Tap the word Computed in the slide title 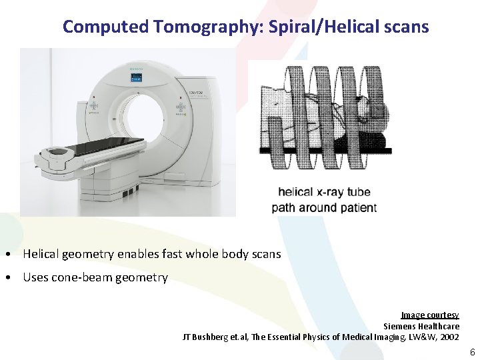pos(105,27)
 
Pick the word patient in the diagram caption pos(354,207)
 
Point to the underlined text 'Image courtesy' pos(429,315)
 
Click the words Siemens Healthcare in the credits pos(421,326)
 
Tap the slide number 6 pos(471,351)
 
